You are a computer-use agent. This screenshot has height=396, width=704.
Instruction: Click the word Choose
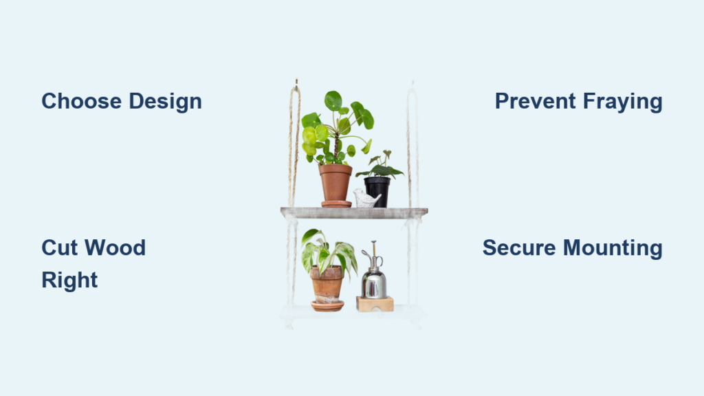click(x=81, y=101)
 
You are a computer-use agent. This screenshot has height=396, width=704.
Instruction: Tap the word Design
click(x=165, y=102)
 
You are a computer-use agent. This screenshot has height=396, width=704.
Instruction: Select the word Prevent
click(x=535, y=101)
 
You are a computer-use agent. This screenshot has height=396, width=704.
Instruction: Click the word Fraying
click(x=623, y=102)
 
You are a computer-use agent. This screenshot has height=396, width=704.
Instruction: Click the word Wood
click(x=115, y=247)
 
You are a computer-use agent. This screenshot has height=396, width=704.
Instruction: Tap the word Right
click(x=69, y=280)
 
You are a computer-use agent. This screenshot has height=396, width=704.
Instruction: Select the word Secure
click(x=519, y=247)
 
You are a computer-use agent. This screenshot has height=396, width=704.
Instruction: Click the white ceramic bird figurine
click(x=366, y=199)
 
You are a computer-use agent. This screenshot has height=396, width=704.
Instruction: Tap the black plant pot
click(x=377, y=192)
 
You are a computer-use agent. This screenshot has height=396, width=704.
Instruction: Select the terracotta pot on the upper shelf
click(x=335, y=183)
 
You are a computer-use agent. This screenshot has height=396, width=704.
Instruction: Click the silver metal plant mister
click(x=373, y=274)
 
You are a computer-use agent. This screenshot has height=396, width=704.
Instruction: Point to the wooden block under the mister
click(x=375, y=304)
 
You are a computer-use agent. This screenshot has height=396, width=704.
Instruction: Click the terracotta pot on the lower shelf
click(x=327, y=284)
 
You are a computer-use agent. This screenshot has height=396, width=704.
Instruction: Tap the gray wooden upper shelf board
click(x=354, y=213)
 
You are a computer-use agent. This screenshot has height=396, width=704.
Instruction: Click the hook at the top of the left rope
click(x=296, y=82)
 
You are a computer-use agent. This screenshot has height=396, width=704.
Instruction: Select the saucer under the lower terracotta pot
click(x=327, y=306)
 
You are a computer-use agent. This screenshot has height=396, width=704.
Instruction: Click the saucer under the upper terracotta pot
click(x=336, y=204)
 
